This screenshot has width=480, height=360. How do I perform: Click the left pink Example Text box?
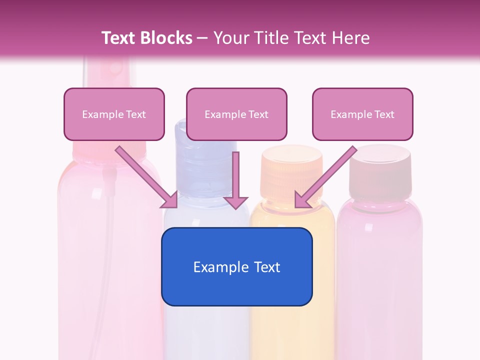[114, 114]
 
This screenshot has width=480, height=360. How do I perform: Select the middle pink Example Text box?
[236, 114]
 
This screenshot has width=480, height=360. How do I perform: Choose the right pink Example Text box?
[362, 114]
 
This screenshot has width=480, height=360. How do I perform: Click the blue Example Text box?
[236, 266]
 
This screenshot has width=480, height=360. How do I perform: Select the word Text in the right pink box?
[384, 114]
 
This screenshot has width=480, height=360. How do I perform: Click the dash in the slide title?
[202, 38]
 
